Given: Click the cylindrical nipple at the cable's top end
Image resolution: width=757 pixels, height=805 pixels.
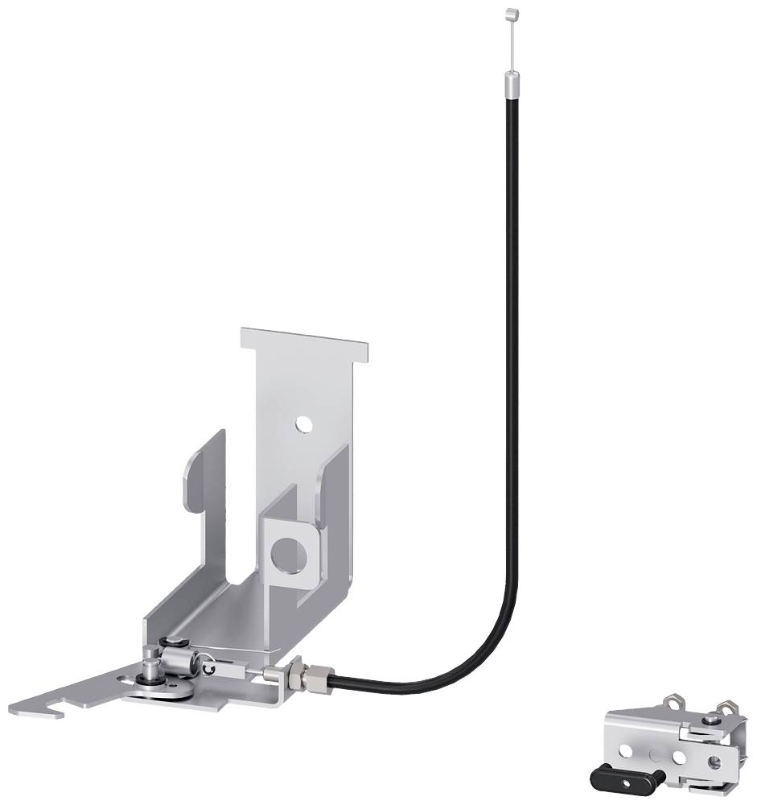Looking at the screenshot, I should click(x=508, y=13).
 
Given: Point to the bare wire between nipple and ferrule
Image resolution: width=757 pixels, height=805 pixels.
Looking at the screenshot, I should click(x=508, y=44).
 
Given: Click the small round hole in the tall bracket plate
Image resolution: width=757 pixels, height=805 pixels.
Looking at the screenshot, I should click(x=303, y=423).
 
